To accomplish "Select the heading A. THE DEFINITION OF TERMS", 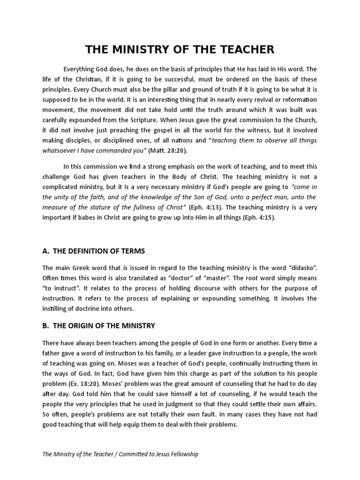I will [x=94, y=251].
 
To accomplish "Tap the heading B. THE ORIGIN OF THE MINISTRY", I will [x=99, y=325].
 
